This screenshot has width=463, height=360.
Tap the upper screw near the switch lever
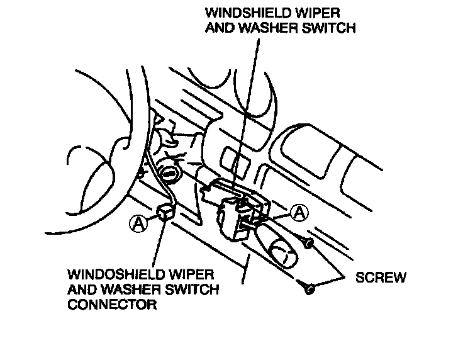pos(309,242)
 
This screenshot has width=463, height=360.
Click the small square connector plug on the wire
pos(166,213)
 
